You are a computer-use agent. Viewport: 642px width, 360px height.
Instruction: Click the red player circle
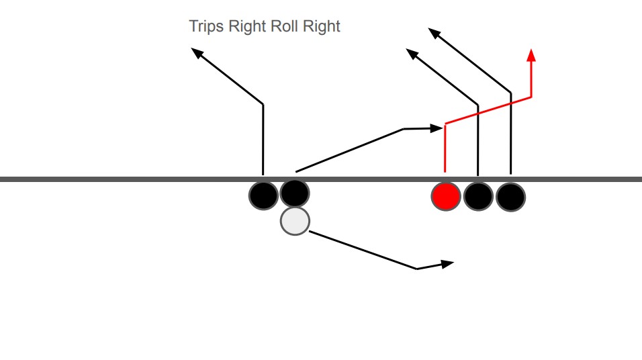point(445,196)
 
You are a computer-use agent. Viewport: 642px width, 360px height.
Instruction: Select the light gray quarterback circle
point(294,221)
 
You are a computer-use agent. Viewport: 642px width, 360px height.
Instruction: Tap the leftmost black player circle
point(263,195)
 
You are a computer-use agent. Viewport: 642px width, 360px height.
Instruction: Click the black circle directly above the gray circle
point(295,193)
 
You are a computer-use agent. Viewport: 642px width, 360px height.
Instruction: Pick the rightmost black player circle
point(510,196)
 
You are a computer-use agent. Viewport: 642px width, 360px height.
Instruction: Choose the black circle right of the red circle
point(478,196)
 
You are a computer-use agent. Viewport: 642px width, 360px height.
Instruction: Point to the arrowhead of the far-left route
point(196,52)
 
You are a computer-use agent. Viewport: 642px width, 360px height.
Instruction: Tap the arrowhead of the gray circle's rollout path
point(448,263)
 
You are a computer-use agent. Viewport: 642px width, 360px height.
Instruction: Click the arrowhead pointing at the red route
point(439,128)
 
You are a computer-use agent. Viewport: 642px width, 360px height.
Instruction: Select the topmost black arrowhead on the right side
point(433,31)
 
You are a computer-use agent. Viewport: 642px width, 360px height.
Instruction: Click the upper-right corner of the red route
point(531,97)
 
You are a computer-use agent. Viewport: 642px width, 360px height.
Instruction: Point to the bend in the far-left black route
point(263,104)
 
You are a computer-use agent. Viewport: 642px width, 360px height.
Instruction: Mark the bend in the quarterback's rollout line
point(417,269)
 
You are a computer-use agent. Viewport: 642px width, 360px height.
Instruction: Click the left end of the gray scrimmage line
point(3,179)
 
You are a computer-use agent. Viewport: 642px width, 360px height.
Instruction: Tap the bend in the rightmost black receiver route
point(511,92)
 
